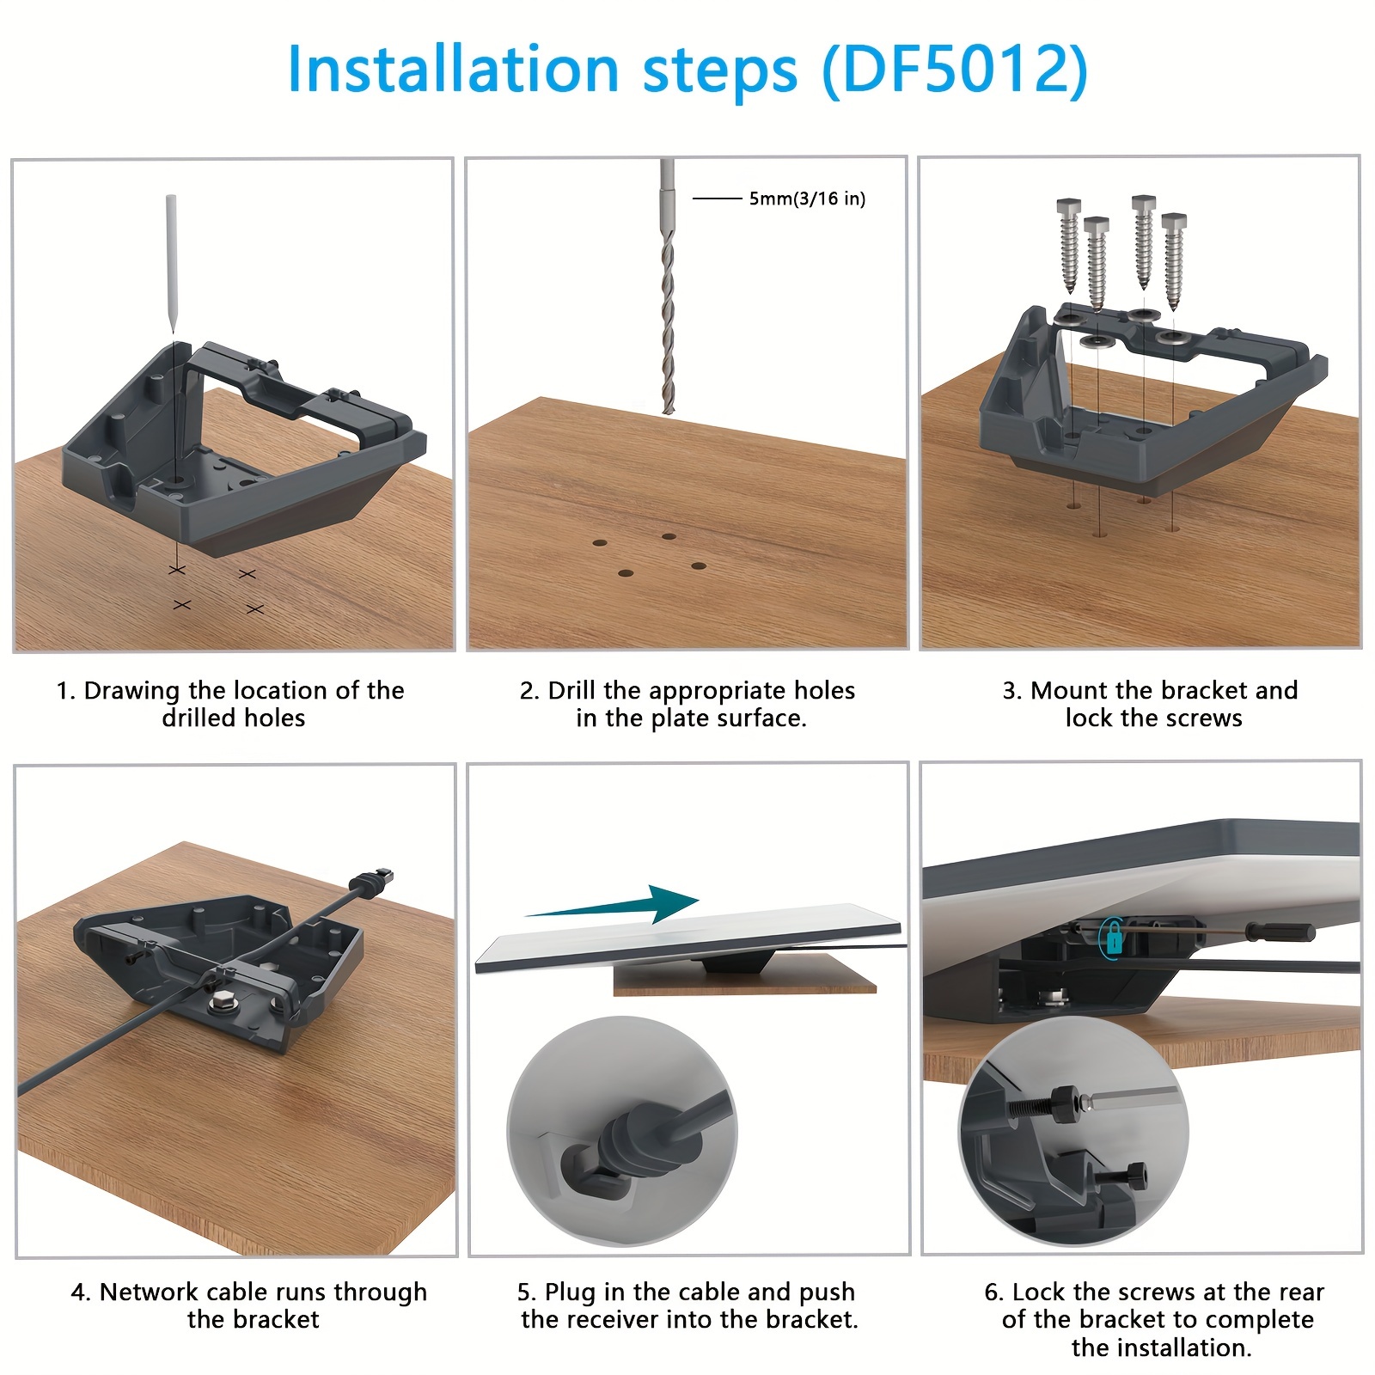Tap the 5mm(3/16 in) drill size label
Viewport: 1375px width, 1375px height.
[806, 199]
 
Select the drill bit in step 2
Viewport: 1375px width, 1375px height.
[668, 327]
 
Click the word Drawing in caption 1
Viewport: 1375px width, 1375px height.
[131, 690]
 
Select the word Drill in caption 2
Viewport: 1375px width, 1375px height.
[572, 690]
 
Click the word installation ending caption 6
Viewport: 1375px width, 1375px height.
[1160, 1347]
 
